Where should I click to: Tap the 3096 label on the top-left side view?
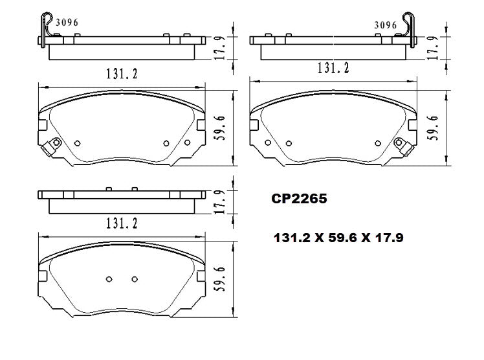click(x=65, y=22)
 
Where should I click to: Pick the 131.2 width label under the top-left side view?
click(x=120, y=73)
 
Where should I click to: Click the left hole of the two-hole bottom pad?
click(x=109, y=279)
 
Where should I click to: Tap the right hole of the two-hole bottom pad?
click(x=135, y=279)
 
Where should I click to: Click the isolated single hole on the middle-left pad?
click(x=78, y=143)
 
